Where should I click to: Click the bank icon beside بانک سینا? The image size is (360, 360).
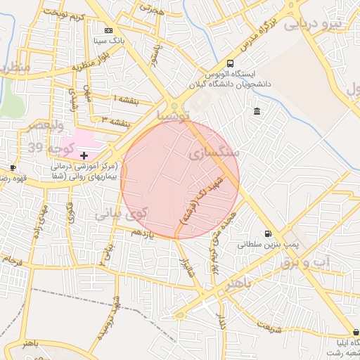[108, 31]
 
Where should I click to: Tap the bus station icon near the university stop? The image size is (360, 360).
[231, 63]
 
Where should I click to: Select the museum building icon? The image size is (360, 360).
[257, 112]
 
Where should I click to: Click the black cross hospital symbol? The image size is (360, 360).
[84, 155]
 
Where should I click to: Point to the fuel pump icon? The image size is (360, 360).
[267, 234]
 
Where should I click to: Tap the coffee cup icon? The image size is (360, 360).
[12, 167]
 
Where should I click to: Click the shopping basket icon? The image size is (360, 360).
[356, 332]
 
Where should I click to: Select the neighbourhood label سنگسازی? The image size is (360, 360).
[214, 152]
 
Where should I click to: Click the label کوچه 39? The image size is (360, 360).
[49, 148]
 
